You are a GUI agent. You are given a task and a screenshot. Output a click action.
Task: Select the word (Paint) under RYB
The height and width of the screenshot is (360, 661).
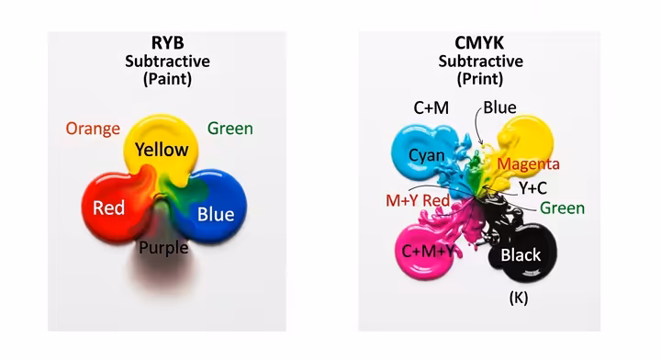pos(167,79)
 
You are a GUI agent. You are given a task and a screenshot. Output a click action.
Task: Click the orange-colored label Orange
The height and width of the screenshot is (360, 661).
pos(93,129)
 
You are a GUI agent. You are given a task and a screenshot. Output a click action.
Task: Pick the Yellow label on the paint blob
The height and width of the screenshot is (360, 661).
pos(162,150)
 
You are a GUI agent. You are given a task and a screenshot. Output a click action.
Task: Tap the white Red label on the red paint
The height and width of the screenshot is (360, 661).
pos(108,208)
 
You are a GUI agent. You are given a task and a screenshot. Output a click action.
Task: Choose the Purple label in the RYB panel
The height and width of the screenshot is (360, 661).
pos(163,247)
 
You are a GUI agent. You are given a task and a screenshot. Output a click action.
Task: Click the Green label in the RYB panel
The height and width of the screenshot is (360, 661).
pos(230,129)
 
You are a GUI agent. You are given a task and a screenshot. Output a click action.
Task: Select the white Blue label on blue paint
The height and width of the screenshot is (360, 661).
pos(217,215)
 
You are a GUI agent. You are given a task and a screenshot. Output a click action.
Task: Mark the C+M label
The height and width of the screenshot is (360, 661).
pos(431,108)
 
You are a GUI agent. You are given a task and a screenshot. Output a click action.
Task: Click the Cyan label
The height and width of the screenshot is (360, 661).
pos(427,155)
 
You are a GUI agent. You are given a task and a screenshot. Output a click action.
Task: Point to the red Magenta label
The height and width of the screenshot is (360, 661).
pos(528,163)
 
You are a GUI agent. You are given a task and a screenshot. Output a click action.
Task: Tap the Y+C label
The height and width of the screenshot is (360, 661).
pos(533,188)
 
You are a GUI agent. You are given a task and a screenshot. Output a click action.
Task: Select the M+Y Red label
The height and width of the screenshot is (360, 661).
pos(418,199)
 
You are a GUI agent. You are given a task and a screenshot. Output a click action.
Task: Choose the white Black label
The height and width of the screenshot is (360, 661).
pos(521,255)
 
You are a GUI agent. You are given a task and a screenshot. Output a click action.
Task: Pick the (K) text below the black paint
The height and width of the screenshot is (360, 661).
pos(519,298)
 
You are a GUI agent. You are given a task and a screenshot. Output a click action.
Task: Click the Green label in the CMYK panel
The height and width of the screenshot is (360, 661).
pos(562,208)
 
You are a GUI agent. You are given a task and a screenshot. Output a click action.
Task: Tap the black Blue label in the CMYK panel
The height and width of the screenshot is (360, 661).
pos(499,107)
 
